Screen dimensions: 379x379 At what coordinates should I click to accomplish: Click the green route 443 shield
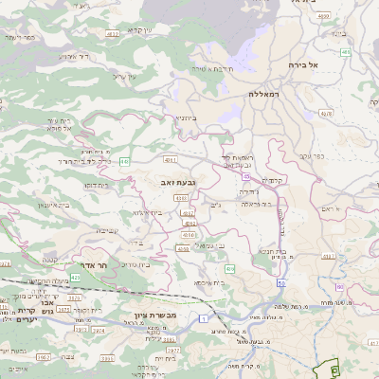[124, 162]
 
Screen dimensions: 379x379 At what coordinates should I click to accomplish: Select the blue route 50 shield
[281, 283]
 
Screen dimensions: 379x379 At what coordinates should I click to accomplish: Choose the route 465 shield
[345, 52]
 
